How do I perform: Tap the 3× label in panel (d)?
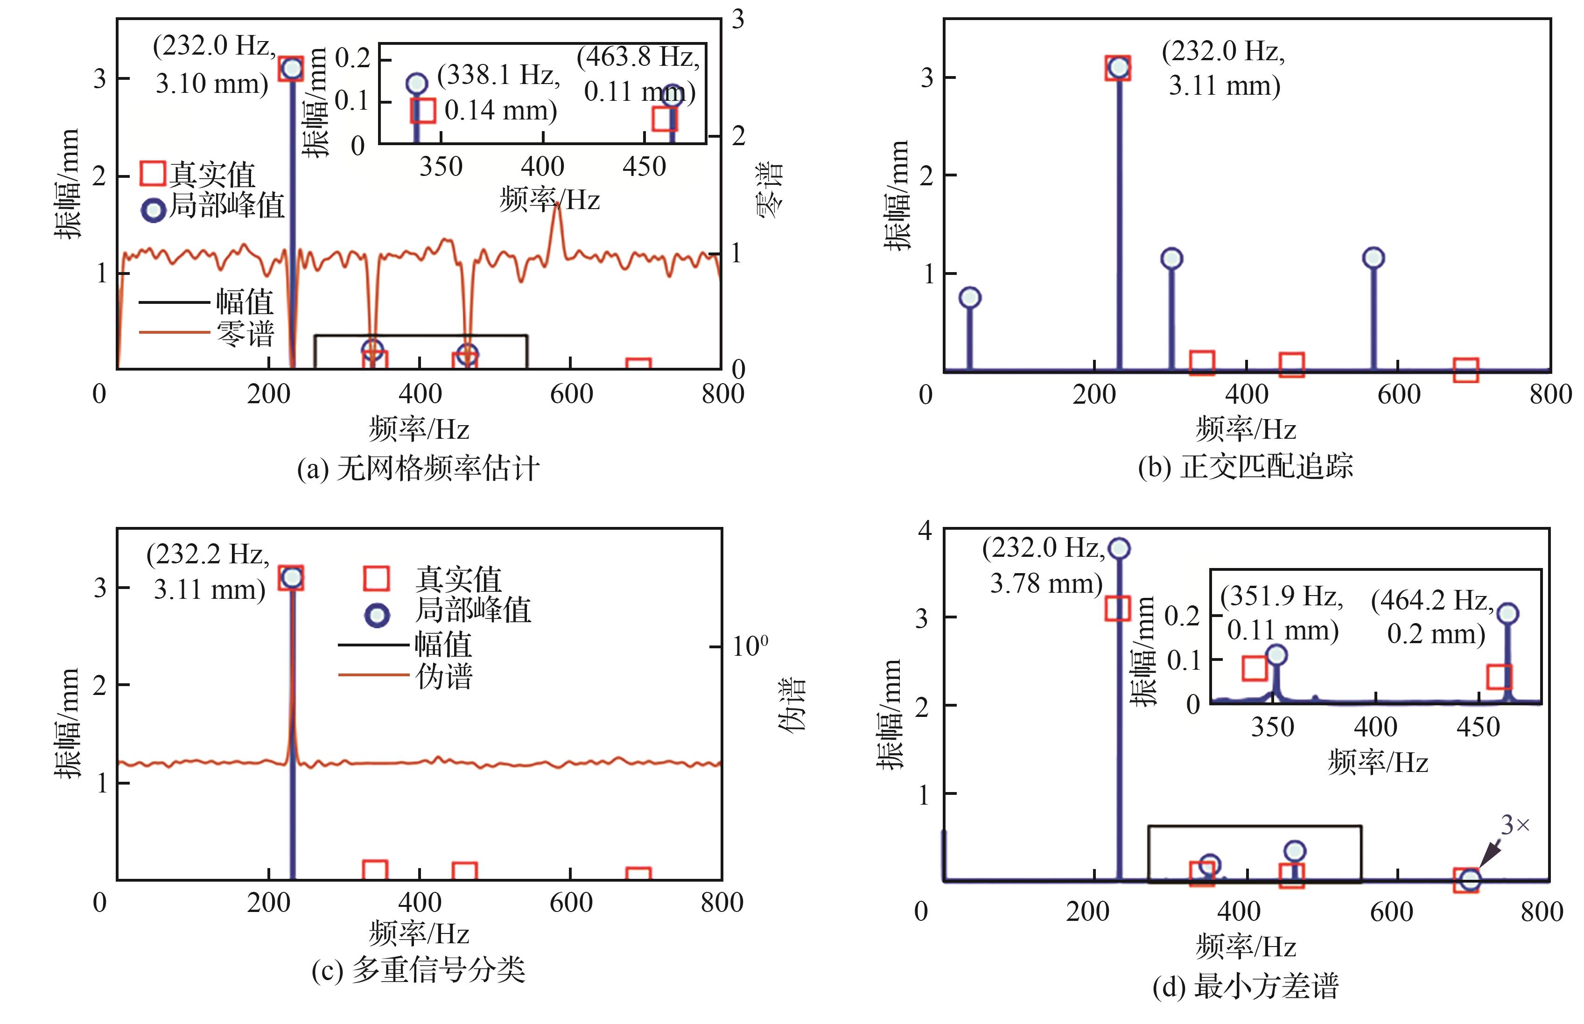click(1515, 825)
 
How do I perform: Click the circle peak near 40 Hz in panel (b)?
click(970, 297)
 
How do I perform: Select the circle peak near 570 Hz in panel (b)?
click(1374, 258)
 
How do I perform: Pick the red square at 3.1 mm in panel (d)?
click(1117, 609)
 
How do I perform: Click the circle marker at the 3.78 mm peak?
click(1119, 548)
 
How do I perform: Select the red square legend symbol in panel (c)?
click(376, 578)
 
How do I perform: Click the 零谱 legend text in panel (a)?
click(245, 334)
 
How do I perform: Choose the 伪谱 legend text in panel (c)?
click(443, 676)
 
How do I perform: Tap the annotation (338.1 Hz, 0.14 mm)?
click(498, 92)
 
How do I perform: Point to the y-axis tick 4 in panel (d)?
click(925, 531)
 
